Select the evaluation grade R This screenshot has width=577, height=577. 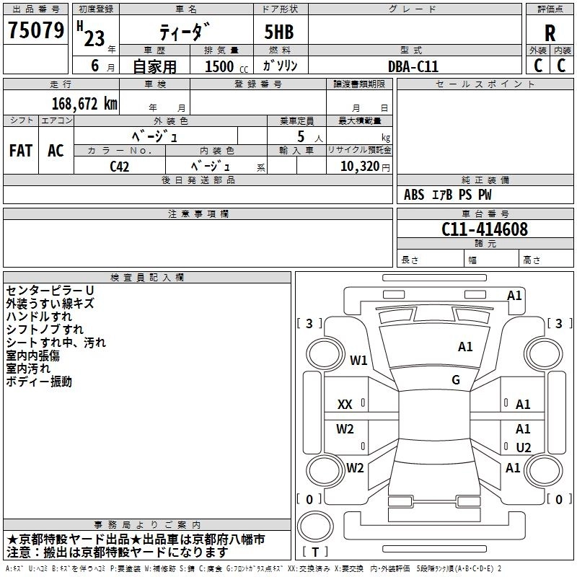550,32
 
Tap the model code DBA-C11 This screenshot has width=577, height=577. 413,66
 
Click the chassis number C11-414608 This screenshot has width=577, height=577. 485,230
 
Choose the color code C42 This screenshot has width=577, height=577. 120,166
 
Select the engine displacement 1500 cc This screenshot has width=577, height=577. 224,66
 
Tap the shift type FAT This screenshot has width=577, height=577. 21,151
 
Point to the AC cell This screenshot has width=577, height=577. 56,151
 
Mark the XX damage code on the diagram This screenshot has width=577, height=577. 345,405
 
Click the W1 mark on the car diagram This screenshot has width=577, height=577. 358,360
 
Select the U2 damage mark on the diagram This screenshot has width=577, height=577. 523,448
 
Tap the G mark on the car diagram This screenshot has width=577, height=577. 456,380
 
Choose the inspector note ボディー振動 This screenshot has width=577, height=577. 39,382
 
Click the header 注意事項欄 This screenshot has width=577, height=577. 198,214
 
